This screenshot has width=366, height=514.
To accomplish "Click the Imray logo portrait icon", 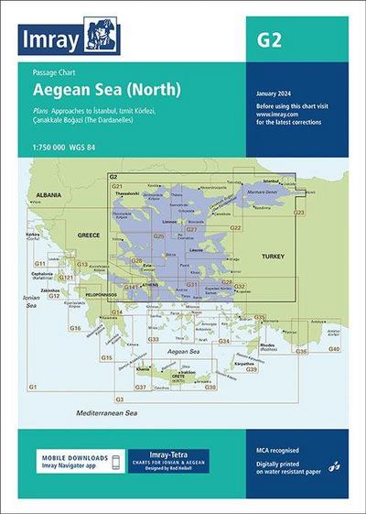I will (x=102, y=36).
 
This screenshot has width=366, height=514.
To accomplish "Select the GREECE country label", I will (x=89, y=235).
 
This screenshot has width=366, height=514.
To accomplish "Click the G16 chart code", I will (x=75, y=328).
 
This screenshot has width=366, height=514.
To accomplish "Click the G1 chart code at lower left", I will (x=33, y=388).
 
